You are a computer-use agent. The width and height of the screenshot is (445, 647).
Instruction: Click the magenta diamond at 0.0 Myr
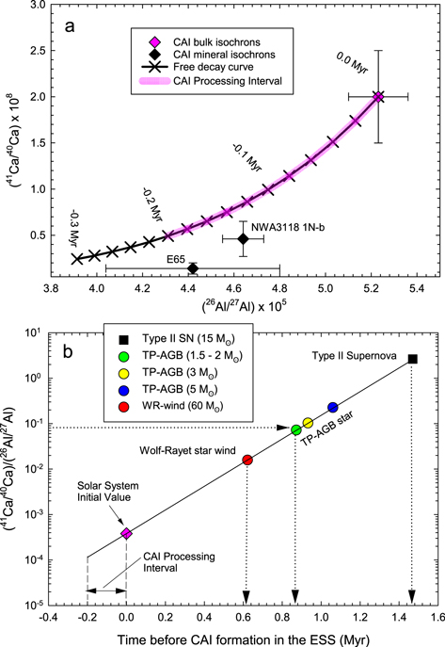tap(378, 97)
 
